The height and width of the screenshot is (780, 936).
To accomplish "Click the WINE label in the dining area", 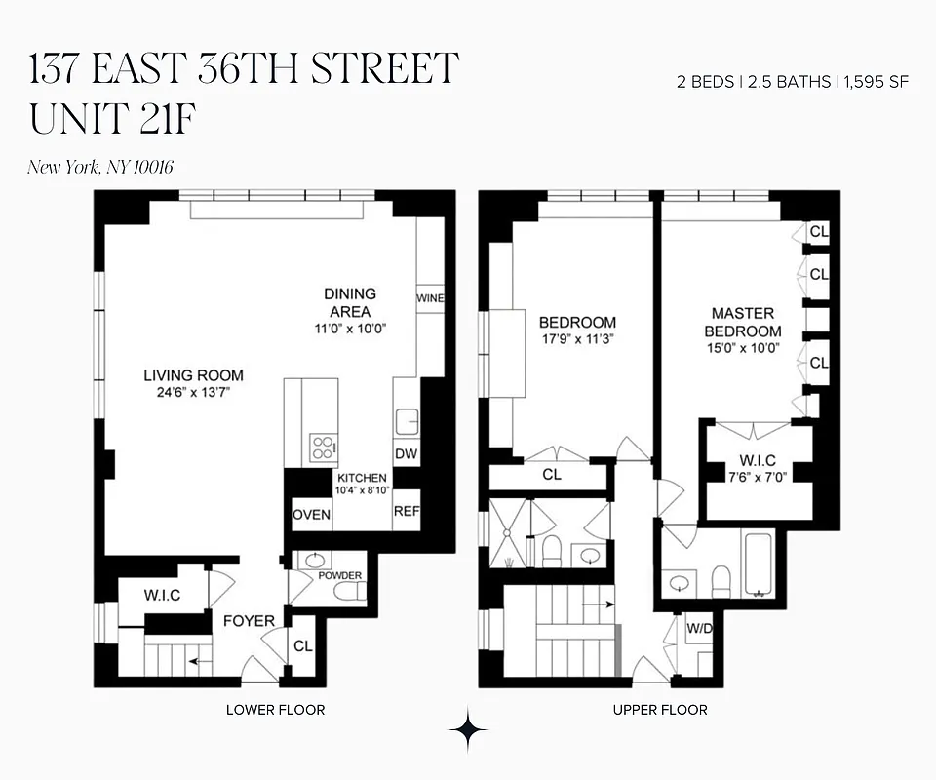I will click(430, 297).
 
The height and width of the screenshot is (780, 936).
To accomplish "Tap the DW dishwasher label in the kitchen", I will click(406, 453).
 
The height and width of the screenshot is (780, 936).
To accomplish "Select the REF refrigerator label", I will click(406, 511).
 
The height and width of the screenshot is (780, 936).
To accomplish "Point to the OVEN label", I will click(312, 515).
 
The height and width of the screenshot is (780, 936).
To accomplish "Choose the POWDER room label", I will click(340, 575).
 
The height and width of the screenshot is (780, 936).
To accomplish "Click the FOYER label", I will click(249, 620).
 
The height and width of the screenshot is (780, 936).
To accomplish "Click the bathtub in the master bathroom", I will click(758, 565).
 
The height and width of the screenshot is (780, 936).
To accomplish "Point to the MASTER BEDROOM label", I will click(743, 323).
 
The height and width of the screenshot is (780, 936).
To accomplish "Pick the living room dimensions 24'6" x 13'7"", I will click(193, 392).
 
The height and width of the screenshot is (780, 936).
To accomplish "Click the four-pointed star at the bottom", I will click(468, 729).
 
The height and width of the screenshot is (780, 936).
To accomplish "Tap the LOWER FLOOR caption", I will click(275, 710).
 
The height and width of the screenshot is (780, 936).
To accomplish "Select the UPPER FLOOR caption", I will click(660, 710).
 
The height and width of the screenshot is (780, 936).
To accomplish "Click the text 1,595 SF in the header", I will click(877, 82).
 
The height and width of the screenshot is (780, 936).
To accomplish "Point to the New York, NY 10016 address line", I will click(100, 167).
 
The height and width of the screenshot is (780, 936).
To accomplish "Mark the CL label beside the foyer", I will click(302, 645).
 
